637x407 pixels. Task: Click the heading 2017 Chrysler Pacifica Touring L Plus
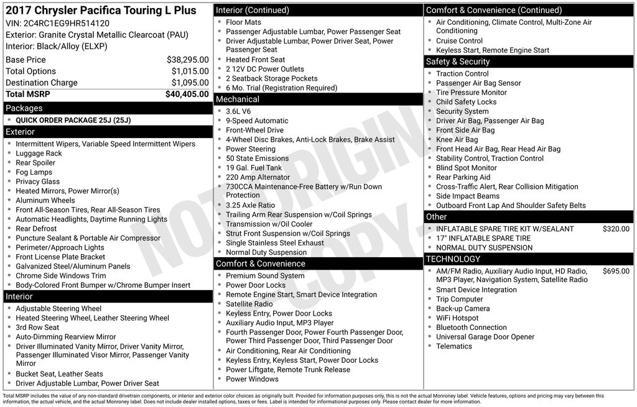click(101, 11)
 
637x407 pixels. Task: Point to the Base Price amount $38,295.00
click(187, 60)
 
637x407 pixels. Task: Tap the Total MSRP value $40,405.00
click(187, 94)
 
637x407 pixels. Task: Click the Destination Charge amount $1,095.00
click(190, 83)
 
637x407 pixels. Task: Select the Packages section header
click(24, 108)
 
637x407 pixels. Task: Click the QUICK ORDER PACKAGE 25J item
click(73, 120)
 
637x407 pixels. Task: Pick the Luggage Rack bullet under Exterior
click(39, 153)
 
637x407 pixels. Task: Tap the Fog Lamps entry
click(34, 172)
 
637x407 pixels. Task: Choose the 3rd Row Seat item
click(37, 327)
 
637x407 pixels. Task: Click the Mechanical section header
click(237, 99)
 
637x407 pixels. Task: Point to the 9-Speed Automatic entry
click(257, 121)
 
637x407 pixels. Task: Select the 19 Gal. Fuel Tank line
click(254, 168)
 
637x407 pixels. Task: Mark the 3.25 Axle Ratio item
click(250, 205)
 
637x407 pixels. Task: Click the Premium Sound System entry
click(265, 276)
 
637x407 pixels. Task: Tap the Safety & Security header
click(457, 62)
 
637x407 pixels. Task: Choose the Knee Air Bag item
click(457, 140)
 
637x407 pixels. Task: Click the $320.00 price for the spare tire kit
click(616, 229)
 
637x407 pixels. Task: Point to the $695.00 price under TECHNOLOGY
click(616, 271)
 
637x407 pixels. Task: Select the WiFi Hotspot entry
click(457, 318)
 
